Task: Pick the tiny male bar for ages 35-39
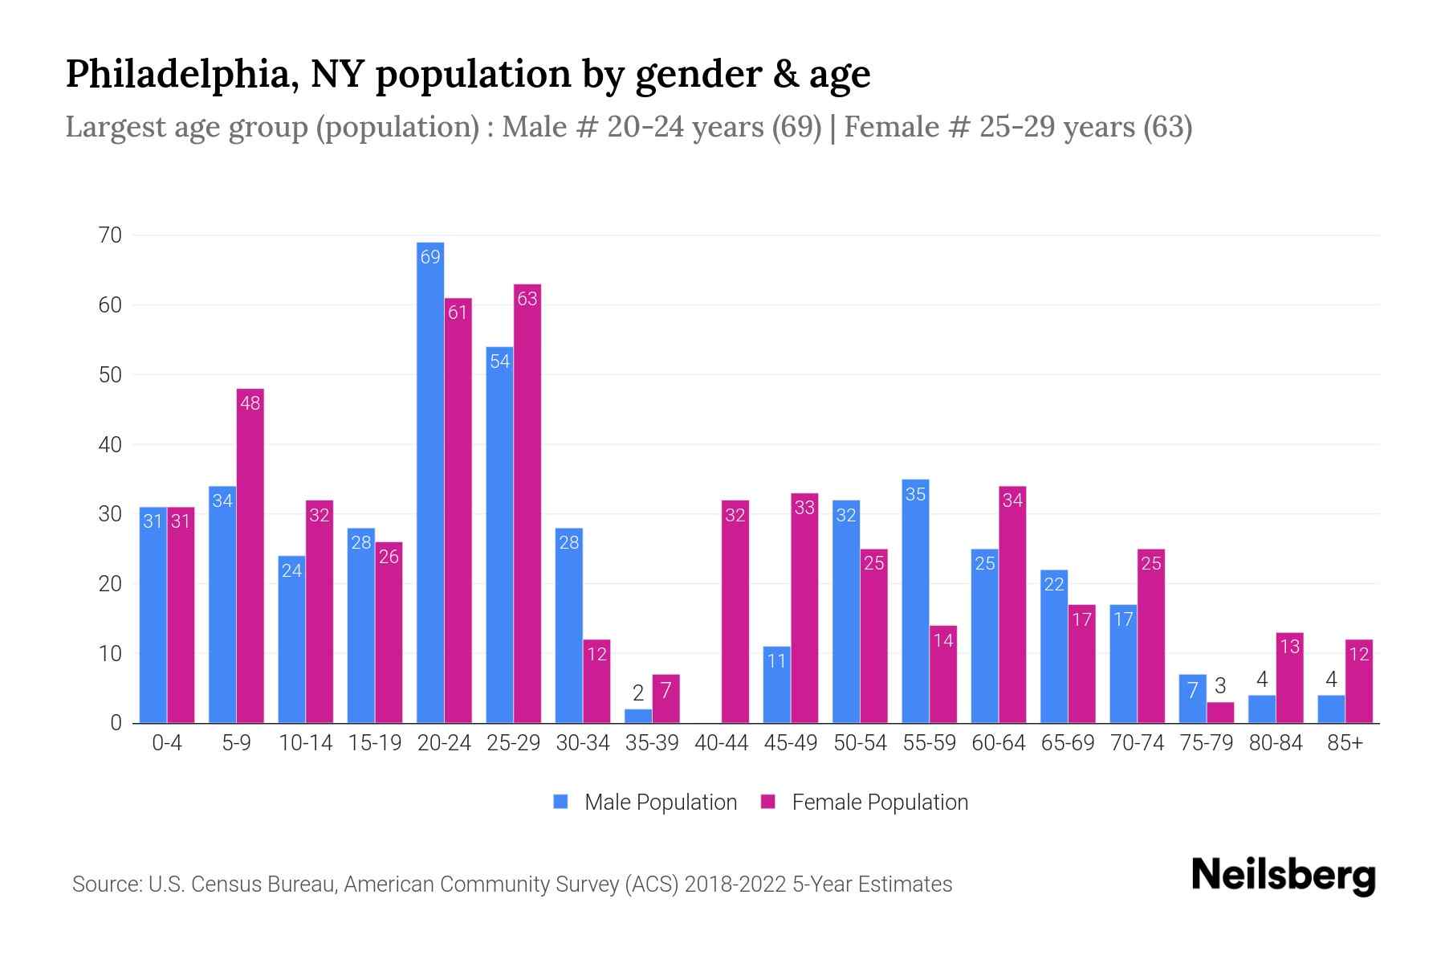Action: coord(638,716)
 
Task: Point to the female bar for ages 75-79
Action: coord(1220,713)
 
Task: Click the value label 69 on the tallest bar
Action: coord(430,257)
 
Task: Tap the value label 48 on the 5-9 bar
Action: coord(250,403)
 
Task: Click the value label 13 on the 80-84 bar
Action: coord(1289,647)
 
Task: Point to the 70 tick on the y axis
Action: coord(110,235)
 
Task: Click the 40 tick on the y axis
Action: coord(110,444)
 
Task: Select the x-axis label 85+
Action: coord(1345,743)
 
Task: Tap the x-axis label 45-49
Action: coord(791,743)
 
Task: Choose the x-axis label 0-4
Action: coord(167,743)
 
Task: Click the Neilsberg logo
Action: coord(1283,876)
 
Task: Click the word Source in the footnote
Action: coord(105,884)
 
